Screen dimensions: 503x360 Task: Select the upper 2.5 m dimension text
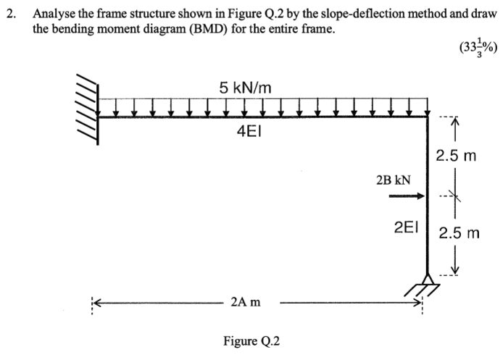[455, 156]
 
